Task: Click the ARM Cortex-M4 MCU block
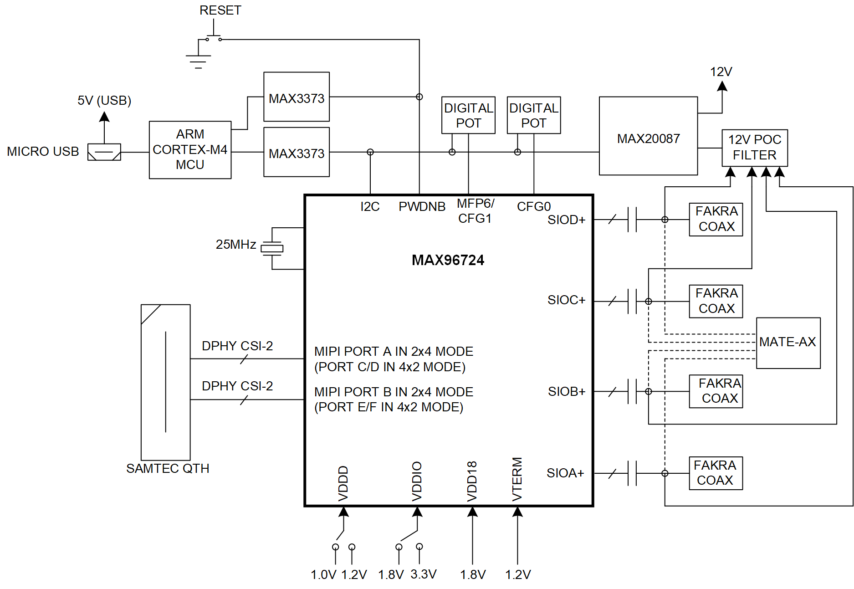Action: click(190, 149)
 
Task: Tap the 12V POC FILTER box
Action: click(754, 148)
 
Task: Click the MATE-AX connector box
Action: click(788, 343)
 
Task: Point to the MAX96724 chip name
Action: click(448, 260)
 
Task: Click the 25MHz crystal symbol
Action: click(272, 248)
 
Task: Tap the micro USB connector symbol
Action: click(104, 152)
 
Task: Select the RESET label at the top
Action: click(220, 10)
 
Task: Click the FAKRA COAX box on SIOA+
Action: click(716, 473)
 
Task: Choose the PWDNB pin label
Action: click(422, 207)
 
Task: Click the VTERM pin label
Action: click(517, 479)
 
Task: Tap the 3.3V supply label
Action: click(423, 574)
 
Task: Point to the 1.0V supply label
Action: click(323, 574)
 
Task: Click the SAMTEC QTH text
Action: click(168, 468)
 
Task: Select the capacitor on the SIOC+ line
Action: click(632, 301)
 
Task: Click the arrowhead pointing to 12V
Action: click(722, 86)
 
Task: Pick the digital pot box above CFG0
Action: click(533, 115)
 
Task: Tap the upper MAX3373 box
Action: click(296, 97)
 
